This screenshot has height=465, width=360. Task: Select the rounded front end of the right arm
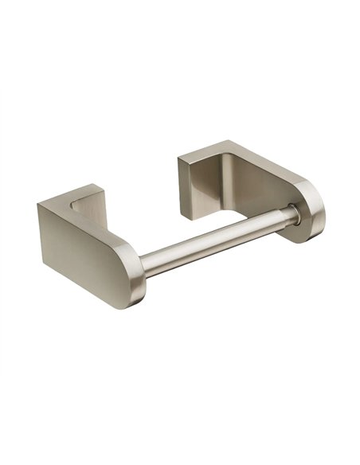(313, 213)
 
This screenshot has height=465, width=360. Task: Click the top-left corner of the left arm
(37, 204)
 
